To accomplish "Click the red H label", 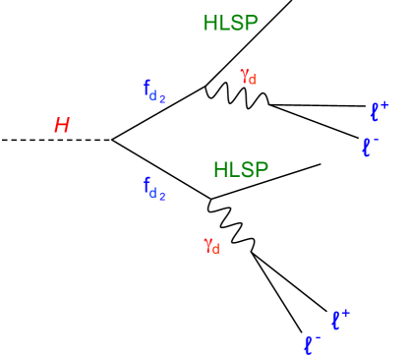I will (61, 125).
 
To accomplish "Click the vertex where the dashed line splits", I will (113, 141).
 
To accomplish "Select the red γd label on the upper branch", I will (247, 76).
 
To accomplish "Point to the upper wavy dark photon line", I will (236, 96).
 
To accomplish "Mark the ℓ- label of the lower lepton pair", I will (313, 344).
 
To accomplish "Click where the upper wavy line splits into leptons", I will (268, 104).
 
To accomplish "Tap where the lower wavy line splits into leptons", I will (253, 253).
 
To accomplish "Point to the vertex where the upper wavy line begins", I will (204, 86).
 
